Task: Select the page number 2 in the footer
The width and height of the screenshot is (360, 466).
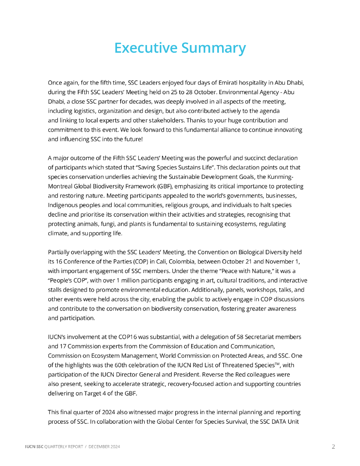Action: tap(333, 447)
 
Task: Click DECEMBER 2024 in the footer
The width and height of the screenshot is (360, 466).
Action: tap(104, 447)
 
